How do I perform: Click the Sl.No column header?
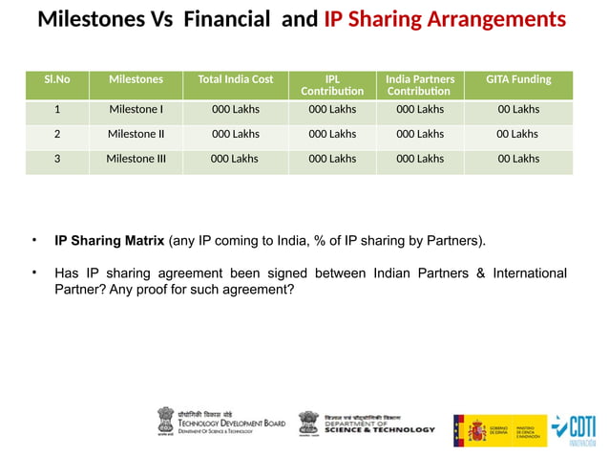coord(57,79)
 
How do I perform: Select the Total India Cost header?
coord(235,79)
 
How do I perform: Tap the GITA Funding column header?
coord(518,79)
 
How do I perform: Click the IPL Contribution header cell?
coord(332,85)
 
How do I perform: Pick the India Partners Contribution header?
coord(420,85)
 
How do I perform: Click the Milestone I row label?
coord(136,109)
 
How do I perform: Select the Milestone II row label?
coord(136,134)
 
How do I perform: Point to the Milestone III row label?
coord(136,159)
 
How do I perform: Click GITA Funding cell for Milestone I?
coord(518,109)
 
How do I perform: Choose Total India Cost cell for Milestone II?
coord(235,134)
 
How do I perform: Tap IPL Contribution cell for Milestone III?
coord(332,159)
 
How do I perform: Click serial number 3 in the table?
coord(57,159)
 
